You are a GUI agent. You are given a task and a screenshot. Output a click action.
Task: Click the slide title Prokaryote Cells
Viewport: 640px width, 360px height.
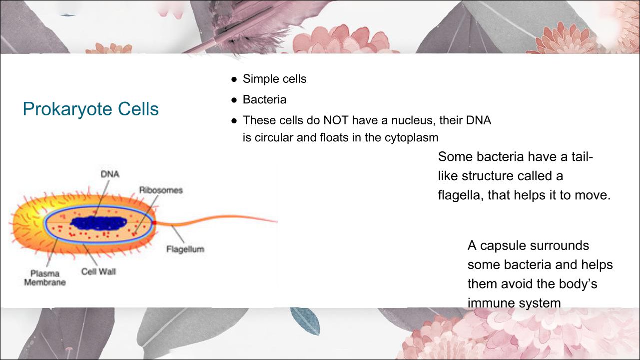(90, 109)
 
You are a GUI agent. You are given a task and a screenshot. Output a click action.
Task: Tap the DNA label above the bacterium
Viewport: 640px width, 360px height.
(110, 174)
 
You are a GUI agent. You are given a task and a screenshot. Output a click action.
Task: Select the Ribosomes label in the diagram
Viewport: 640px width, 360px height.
(161, 190)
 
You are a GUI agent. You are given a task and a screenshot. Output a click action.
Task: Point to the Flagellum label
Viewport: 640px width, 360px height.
(185, 249)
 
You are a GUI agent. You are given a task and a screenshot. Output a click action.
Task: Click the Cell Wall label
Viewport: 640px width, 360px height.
(98, 271)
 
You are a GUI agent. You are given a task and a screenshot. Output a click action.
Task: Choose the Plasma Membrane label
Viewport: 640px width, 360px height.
(45, 278)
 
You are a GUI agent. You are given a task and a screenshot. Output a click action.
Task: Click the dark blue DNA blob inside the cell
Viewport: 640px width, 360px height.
(98, 223)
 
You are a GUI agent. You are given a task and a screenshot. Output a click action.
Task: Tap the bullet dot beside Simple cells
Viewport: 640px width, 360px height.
(234, 79)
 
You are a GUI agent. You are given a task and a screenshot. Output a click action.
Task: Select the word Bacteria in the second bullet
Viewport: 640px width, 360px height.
(264, 100)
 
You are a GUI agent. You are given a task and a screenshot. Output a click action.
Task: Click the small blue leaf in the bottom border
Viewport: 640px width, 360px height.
(305, 321)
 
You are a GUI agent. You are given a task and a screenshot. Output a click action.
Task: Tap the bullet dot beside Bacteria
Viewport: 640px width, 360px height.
(234, 100)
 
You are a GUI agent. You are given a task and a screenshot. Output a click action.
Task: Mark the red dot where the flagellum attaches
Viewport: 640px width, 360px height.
(154, 222)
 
